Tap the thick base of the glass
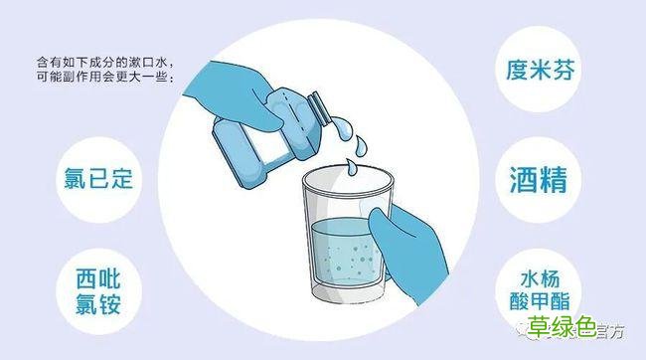(x=344, y=303)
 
